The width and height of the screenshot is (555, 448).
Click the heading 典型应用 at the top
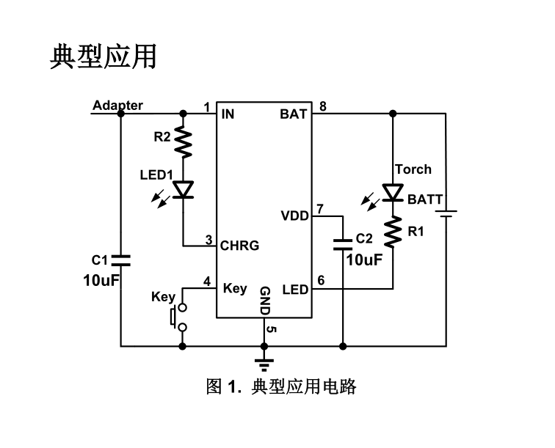click(104, 56)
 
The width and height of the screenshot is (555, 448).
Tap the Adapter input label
click(117, 106)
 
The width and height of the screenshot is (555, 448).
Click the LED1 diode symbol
click(183, 190)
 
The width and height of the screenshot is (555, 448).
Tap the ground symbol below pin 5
click(264, 360)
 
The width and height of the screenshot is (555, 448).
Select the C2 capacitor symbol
click(343, 243)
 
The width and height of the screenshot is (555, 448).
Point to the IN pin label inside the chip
click(228, 114)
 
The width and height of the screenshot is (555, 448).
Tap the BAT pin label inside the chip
click(294, 114)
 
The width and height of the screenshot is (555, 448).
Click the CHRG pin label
click(240, 246)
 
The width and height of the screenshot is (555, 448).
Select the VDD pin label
click(294, 216)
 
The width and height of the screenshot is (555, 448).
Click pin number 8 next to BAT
click(322, 106)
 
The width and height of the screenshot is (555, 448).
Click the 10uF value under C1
click(101, 280)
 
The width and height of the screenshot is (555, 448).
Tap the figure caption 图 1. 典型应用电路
click(280, 386)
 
